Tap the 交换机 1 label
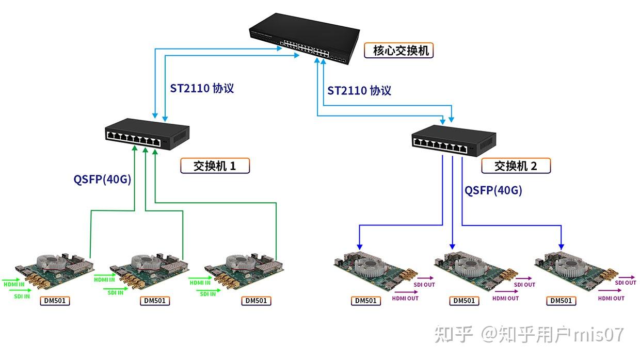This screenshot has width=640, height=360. (215, 166)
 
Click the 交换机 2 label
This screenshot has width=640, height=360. (516, 166)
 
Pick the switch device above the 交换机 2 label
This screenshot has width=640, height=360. (453, 140)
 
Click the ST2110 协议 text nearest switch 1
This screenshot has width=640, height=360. (202, 88)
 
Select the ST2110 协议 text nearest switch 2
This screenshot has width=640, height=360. (359, 91)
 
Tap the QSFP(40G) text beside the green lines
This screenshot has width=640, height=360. (102, 179)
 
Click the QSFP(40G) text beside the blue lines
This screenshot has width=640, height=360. (493, 190)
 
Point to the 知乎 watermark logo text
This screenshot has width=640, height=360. (454, 335)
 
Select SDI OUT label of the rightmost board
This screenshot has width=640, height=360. (626, 283)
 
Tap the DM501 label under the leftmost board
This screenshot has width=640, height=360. (55, 301)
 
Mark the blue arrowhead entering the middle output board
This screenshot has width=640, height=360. (453, 246)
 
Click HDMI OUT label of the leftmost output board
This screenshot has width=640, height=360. (406, 298)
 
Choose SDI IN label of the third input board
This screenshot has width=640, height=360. (207, 294)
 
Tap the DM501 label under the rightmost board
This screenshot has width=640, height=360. (562, 301)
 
